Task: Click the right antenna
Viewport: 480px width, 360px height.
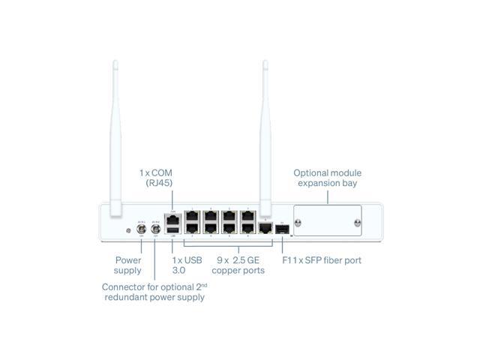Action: pos(265,135)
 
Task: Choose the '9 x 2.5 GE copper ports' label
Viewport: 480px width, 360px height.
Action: pos(238,265)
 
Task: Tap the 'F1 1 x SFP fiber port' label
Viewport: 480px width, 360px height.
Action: pos(320,260)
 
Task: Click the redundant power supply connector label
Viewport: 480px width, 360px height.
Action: pos(153,292)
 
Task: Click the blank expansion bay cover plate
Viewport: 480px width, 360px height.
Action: pos(328,221)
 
